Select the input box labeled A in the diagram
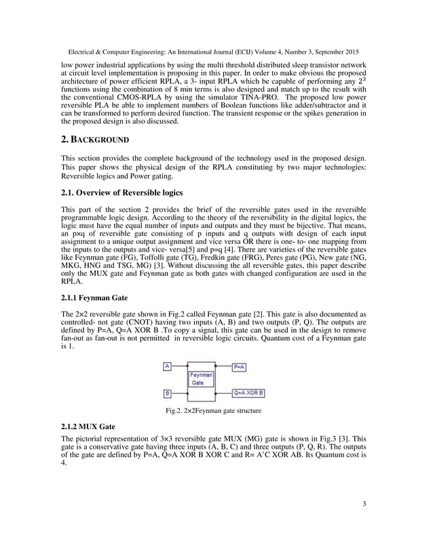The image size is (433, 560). click(166, 366)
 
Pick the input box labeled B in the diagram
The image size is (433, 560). click(166, 393)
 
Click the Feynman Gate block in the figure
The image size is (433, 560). click(201, 378)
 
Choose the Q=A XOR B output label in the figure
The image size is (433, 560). click(249, 393)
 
